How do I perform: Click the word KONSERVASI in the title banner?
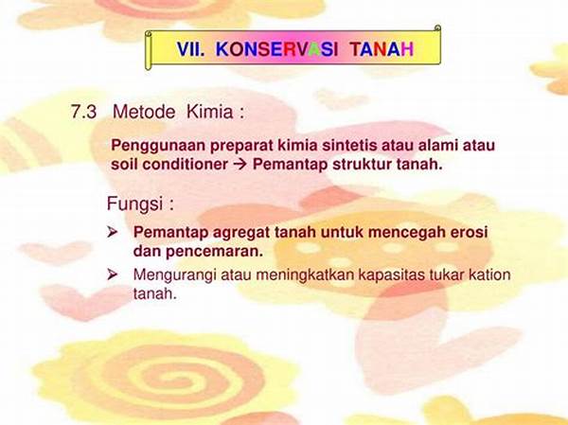(x=277, y=49)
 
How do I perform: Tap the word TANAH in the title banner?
(x=382, y=49)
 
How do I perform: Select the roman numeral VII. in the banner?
(x=191, y=49)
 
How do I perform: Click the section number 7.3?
(x=83, y=112)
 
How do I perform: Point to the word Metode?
(x=144, y=112)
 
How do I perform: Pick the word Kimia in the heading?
(x=210, y=112)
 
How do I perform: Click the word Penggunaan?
(x=158, y=146)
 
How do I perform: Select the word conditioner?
(x=186, y=164)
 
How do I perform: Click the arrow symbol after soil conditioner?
(x=240, y=165)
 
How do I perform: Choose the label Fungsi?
(x=134, y=204)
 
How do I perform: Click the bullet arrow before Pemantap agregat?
(x=113, y=232)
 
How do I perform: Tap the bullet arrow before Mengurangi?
(x=113, y=275)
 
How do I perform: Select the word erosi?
(x=470, y=232)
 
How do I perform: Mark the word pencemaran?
(x=215, y=252)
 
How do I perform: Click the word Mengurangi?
(x=174, y=275)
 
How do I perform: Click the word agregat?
(x=241, y=233)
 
